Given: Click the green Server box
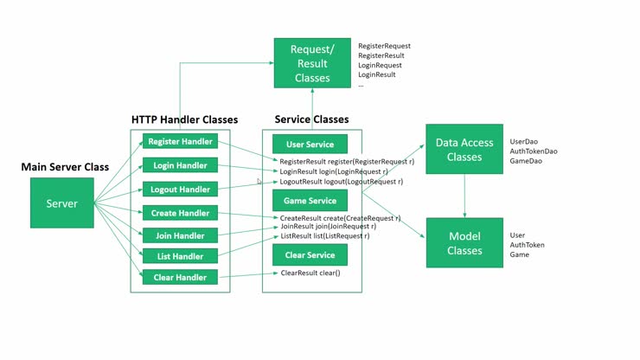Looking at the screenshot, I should [61, 203].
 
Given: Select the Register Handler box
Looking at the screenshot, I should [179, 142].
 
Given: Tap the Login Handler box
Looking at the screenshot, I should [179, 165].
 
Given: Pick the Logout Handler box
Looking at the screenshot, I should [179, 190].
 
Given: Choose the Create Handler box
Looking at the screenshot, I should [179, 213].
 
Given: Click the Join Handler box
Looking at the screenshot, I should [179, 235].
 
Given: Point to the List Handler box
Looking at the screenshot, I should [179, 256].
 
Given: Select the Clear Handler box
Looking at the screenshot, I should [179, 277].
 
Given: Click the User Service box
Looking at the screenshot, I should [310, 145].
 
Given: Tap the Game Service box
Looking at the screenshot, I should [310, 201].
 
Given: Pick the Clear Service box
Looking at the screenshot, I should [310, 254].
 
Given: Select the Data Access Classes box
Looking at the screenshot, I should [464, 150].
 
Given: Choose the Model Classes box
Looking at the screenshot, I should [464, 243].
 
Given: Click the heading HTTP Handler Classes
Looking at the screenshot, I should [184, 119].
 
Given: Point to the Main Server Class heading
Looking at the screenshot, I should [65, 166].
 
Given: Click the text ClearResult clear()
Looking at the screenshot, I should [310, 273].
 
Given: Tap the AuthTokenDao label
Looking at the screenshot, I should [534, 151].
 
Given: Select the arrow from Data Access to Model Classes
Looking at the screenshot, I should [464, 196].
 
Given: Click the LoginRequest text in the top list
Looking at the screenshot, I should [380, 65].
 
